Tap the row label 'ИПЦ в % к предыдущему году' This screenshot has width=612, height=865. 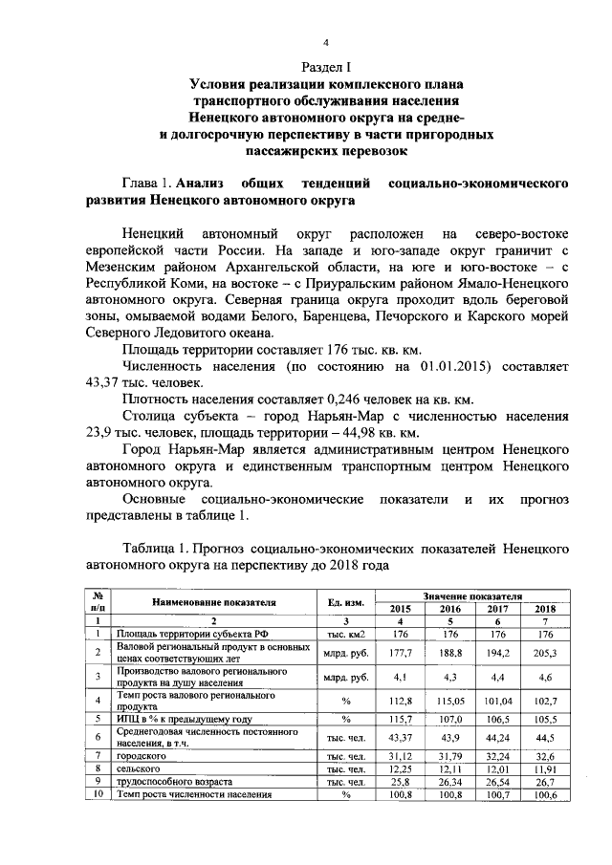coord(171,718)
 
